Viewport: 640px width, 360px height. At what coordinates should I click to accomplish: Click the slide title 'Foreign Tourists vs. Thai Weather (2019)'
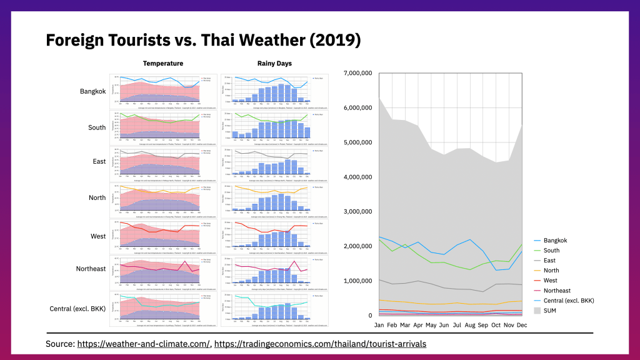[x=203, y=41]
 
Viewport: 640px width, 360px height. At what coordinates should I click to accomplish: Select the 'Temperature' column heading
[x=162, y=64]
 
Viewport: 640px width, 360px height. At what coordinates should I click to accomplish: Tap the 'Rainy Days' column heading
[x=274, y=64]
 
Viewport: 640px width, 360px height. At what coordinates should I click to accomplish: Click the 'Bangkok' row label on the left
[x=93, y=91]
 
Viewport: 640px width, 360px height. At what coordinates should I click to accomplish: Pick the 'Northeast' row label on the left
[x=91, y=269]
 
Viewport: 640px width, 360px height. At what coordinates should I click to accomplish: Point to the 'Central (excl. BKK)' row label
[x=77, y=309]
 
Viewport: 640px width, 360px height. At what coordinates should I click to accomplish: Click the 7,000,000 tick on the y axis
[x=358, y=73]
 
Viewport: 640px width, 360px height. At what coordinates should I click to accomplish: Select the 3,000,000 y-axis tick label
[x=358, y=211]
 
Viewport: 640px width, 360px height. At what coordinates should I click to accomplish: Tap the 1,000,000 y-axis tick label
[x=358, y=281]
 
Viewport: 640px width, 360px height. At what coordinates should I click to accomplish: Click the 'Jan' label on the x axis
[x=379, y=325]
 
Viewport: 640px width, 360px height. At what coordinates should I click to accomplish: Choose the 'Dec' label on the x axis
[x=521, y=325]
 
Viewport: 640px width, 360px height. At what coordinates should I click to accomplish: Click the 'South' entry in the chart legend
[x=552, y=251]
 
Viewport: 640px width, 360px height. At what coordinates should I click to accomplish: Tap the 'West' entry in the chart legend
[x=551, y=281]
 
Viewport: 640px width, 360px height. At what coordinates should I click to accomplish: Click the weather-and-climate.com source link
[x=144, y=344]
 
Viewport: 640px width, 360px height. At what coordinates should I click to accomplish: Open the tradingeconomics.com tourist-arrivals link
[x=320, y=344]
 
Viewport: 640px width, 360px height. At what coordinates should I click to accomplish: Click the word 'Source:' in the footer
[x=60, y=344]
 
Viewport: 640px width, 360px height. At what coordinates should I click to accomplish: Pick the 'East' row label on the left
[x=99, y=162]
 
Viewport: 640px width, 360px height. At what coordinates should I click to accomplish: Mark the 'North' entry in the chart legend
[x=552, y=271]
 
